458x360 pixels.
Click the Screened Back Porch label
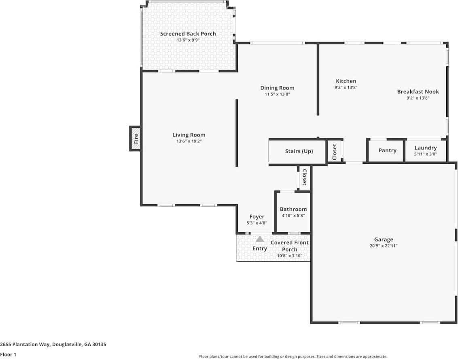tap(188, 34)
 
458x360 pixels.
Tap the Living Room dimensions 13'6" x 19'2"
tap(189, 141)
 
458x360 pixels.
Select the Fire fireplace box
tap(136, 139)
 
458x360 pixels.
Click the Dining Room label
tap(277, 88)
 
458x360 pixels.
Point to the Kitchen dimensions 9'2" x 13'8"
tap(346, 87)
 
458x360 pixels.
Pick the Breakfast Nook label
tap(418, 91)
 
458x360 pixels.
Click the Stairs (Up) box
tap(299, 151)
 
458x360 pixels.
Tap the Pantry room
tap(387, 150)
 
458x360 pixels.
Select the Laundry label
tap(425, 148)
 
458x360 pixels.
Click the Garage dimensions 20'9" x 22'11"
tap(383, 246)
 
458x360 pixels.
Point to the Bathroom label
tap(293, 209)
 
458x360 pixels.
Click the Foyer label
tap(257, 217)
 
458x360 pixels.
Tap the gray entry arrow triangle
tap(260, 239)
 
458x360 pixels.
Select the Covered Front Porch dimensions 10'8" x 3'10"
tap(290, 256)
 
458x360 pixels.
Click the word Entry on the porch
tap(260, 248)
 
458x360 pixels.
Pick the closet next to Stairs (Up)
tap(335, 152)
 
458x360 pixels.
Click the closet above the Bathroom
tap(304, 177)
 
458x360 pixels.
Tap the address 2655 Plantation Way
tap(53, 344)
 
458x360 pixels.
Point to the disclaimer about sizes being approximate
tap(293, 356)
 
